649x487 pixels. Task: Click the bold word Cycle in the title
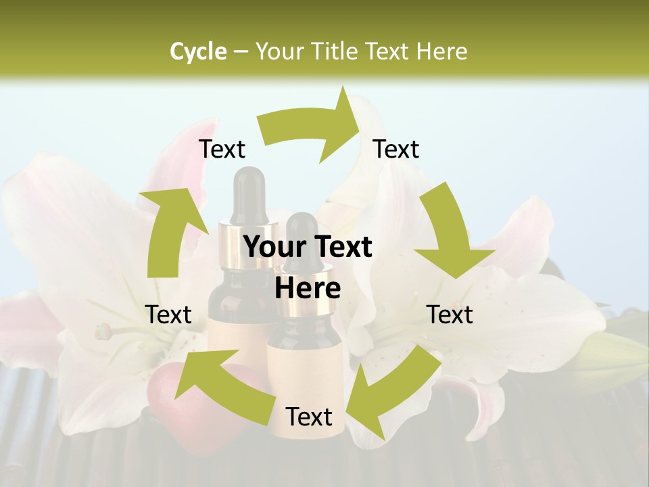[198, 51]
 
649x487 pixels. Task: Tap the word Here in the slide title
[442, 51]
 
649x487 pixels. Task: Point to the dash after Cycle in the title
[240, 52]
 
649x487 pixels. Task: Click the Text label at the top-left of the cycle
[222, 149]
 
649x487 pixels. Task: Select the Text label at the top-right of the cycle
[396, 149]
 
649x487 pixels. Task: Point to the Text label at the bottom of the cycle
[309, 417]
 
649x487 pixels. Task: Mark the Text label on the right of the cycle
[450, 315]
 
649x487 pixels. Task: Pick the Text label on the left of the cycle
[168, 315]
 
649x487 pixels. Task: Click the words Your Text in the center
[308, 248]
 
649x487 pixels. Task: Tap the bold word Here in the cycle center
[308, 289]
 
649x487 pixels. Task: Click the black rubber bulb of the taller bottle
[247, 193]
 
